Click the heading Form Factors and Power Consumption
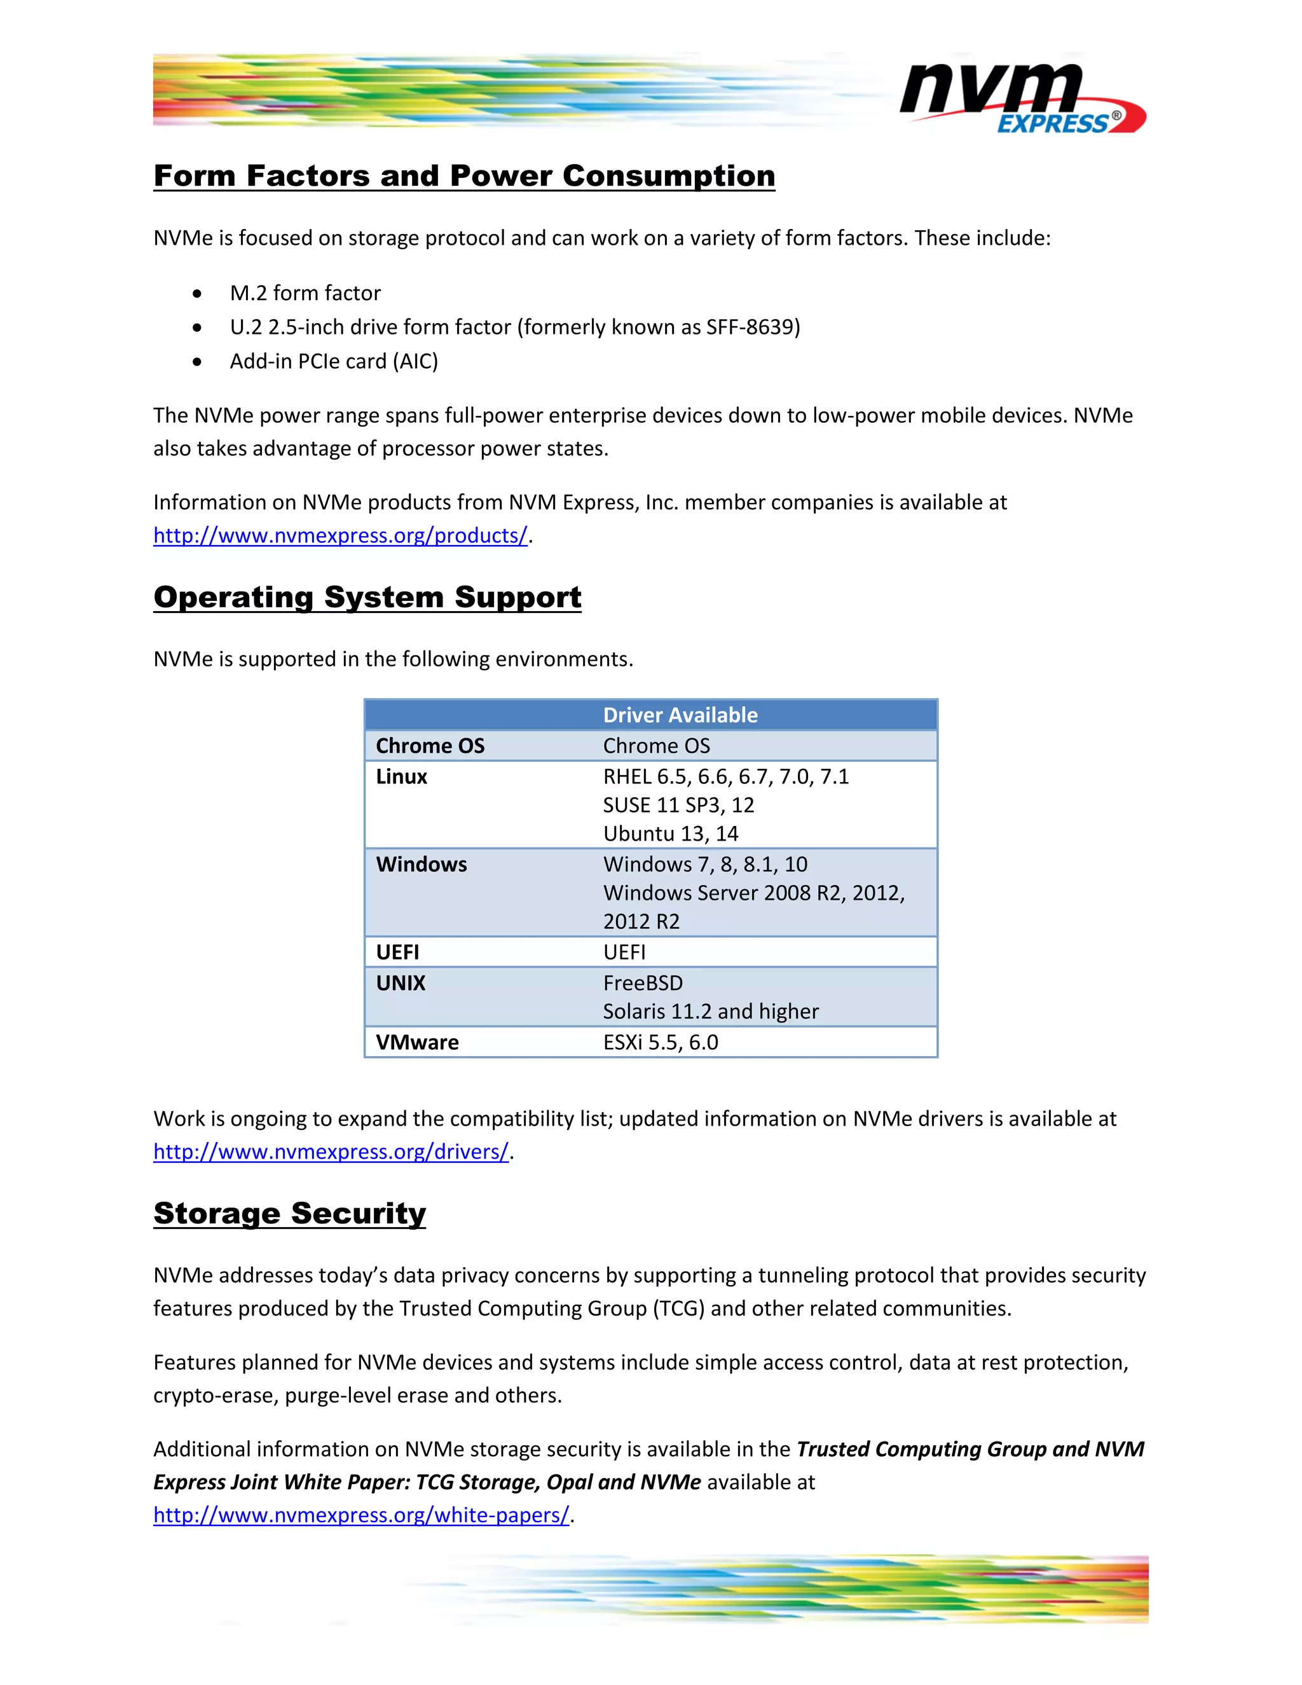coord(463,176)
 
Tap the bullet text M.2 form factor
coord(305,293)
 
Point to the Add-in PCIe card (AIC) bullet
coord(333,361)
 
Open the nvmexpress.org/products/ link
coord(340,535)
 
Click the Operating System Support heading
coord(367,597)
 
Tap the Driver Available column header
coord(680,715)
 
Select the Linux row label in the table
coord(401,777)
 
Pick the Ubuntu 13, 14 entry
coord(670,834)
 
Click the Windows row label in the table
coord(421,865)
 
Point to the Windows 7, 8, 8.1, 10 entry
coord(705,865)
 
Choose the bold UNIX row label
coord(401,984)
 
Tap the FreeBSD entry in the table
coord(643,984)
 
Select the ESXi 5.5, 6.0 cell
coord(661,1043)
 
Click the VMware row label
coord(416,1043)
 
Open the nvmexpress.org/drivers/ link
coord(331,1152)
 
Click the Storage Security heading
coord(289,1214)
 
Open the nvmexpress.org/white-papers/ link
coord(361,1515)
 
